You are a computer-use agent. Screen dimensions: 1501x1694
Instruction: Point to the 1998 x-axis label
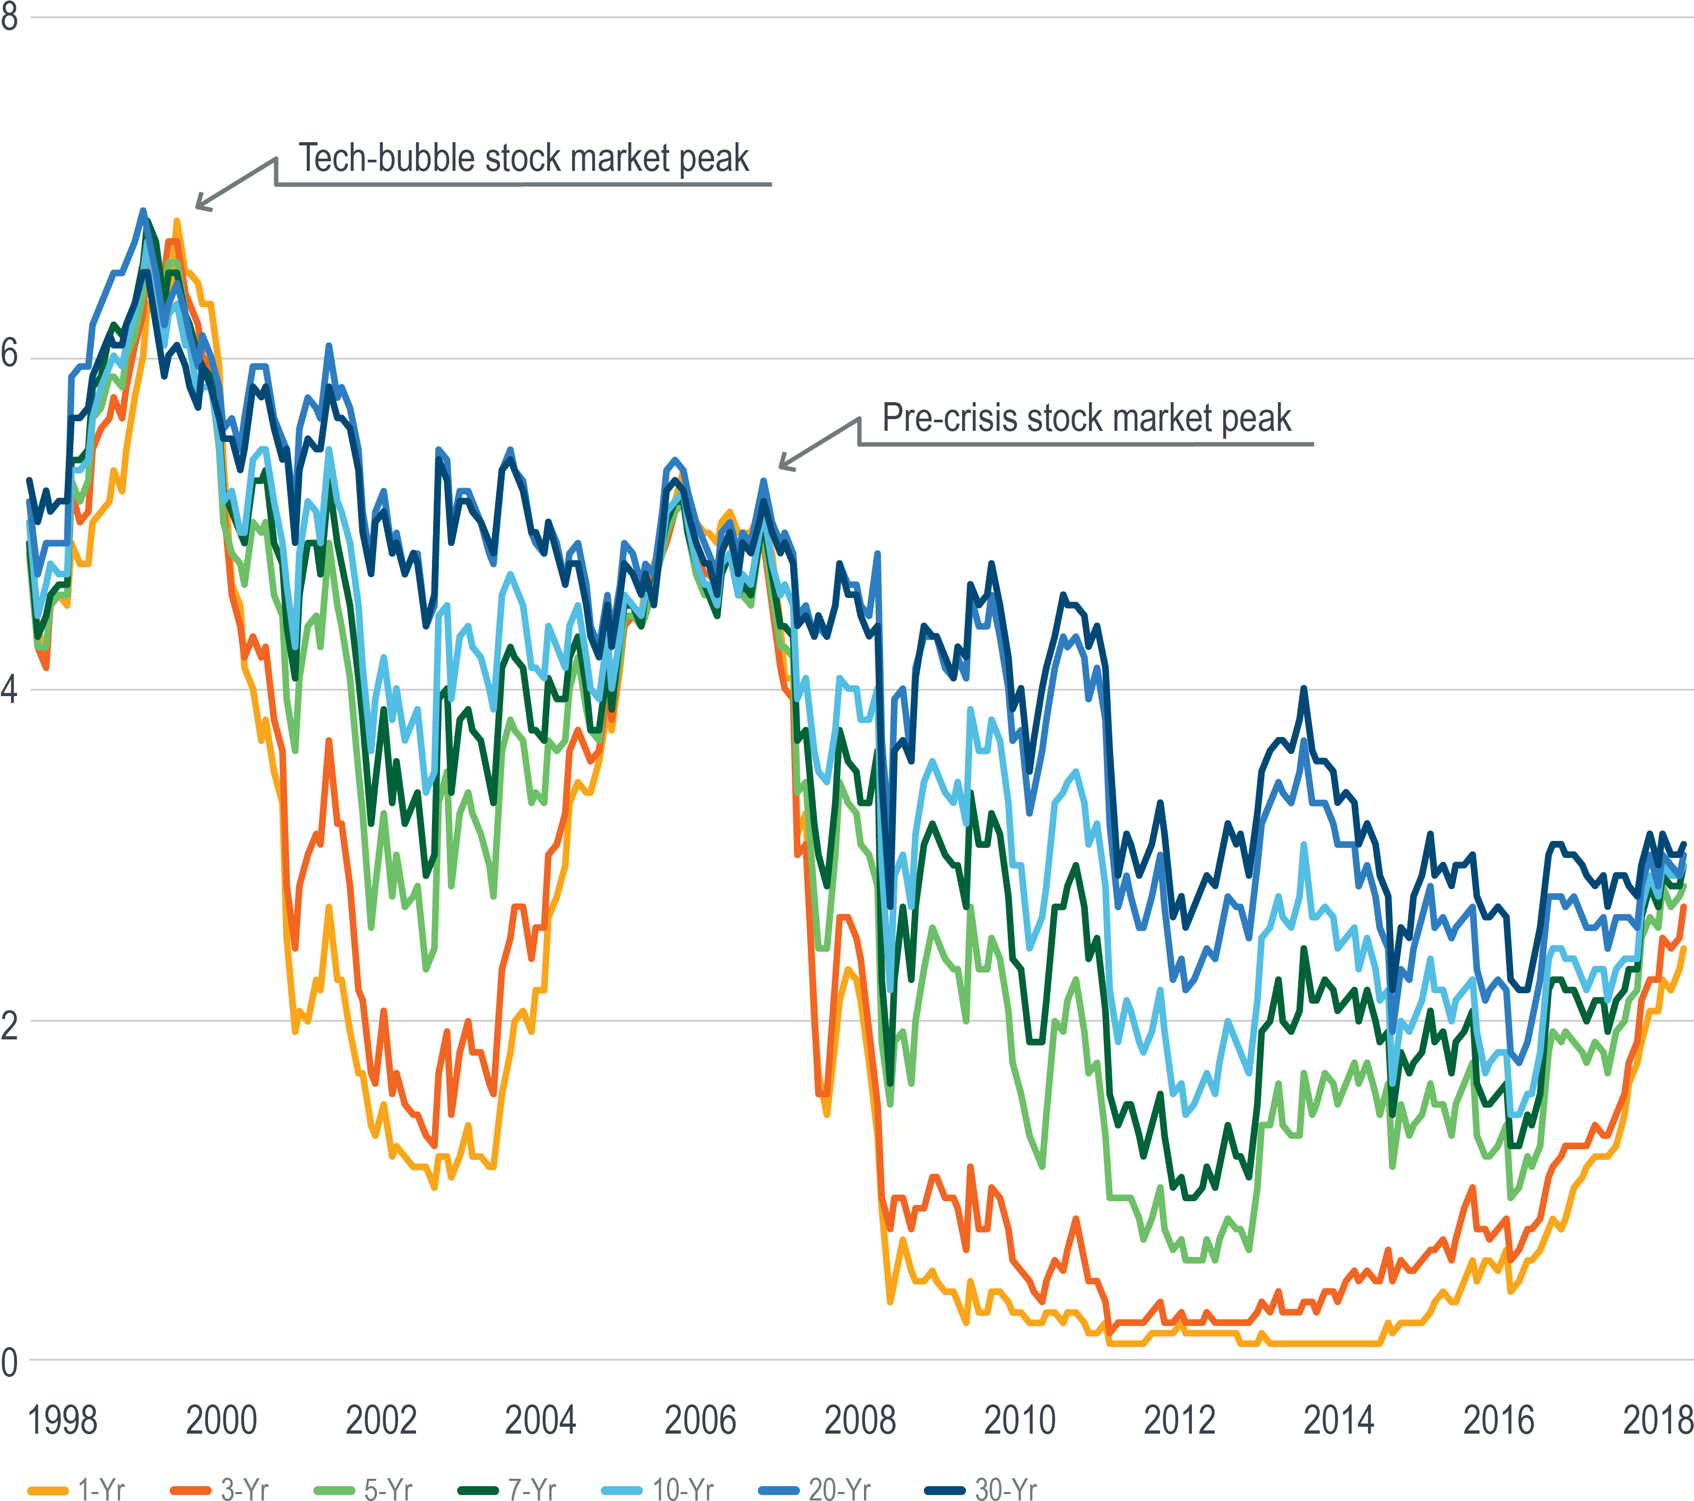62,1420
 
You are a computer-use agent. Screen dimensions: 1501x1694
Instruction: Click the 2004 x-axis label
540,1420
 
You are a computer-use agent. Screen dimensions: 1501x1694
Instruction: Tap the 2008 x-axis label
859,1420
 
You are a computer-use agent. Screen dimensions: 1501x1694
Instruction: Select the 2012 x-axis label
1179,1420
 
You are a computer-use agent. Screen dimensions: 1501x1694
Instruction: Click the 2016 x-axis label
1498,1420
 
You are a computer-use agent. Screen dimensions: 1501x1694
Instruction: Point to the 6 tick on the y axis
9,354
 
